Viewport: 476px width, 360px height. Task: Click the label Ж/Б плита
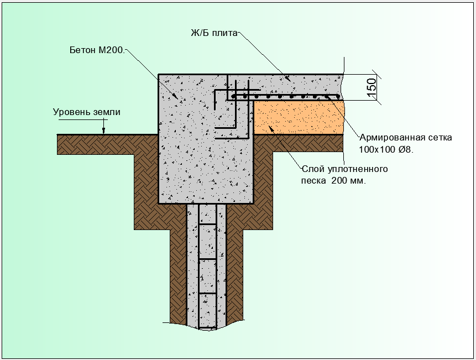[214, 33]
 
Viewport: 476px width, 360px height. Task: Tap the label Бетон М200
[97, 50]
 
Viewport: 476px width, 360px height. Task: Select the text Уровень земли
[86, 112]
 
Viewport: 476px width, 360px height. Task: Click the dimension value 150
[372, 87]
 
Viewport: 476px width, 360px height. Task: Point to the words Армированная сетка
[406, 138]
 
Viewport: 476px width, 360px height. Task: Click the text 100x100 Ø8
[386, 149]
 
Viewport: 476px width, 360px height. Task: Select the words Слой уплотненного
[344, 169]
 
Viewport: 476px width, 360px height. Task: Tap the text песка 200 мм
[333, 181]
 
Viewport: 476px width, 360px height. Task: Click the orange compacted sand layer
[299, 117]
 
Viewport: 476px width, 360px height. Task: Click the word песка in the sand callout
[313, 181]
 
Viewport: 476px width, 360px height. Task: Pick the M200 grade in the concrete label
[112, 50]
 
